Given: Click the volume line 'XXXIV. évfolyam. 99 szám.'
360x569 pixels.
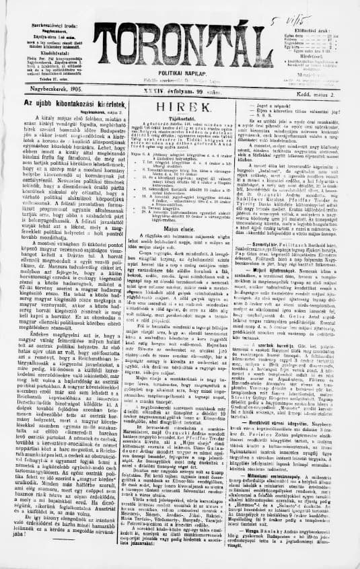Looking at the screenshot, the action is [x=179, y=87].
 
